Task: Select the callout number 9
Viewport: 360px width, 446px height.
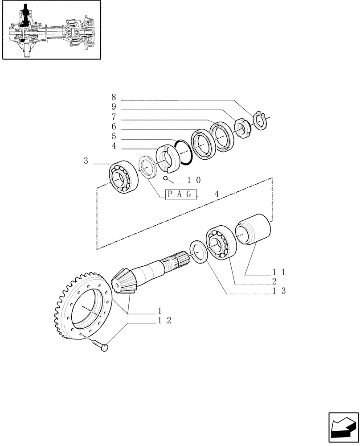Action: click(x=114, y=107)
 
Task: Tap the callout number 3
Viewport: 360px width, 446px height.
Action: click(x=86, y=161)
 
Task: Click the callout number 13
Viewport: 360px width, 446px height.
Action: click(x=280, y=291)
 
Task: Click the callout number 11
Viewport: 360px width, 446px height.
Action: click(x=280, y=272)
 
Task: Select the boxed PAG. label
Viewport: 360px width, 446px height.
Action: click(x=181, y=194)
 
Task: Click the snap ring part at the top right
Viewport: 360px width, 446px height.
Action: click(x=259, y=120)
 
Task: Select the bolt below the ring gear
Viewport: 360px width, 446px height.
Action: click(x=101, y=346)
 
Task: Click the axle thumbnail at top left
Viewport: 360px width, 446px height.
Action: click(x=51, y=30)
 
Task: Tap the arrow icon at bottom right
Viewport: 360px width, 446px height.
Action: click(x=344, y=427)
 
